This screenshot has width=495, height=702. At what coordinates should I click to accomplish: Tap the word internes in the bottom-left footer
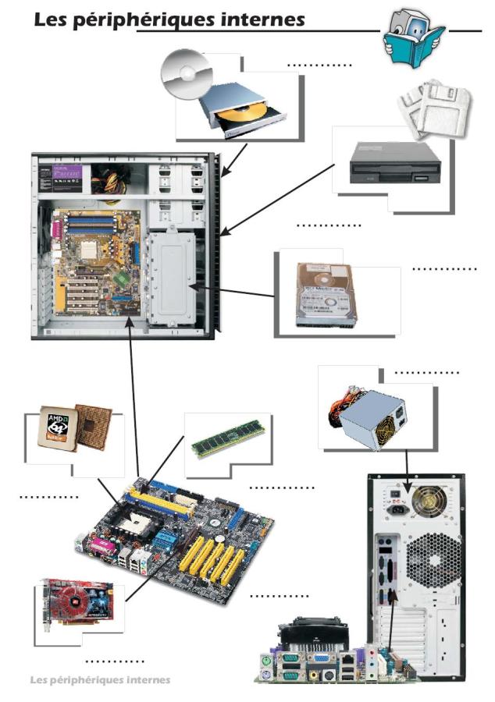(145, 679)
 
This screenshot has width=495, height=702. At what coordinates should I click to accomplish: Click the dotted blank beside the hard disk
(443, 269)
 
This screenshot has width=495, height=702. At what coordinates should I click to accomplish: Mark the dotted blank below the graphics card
(114, 661)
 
